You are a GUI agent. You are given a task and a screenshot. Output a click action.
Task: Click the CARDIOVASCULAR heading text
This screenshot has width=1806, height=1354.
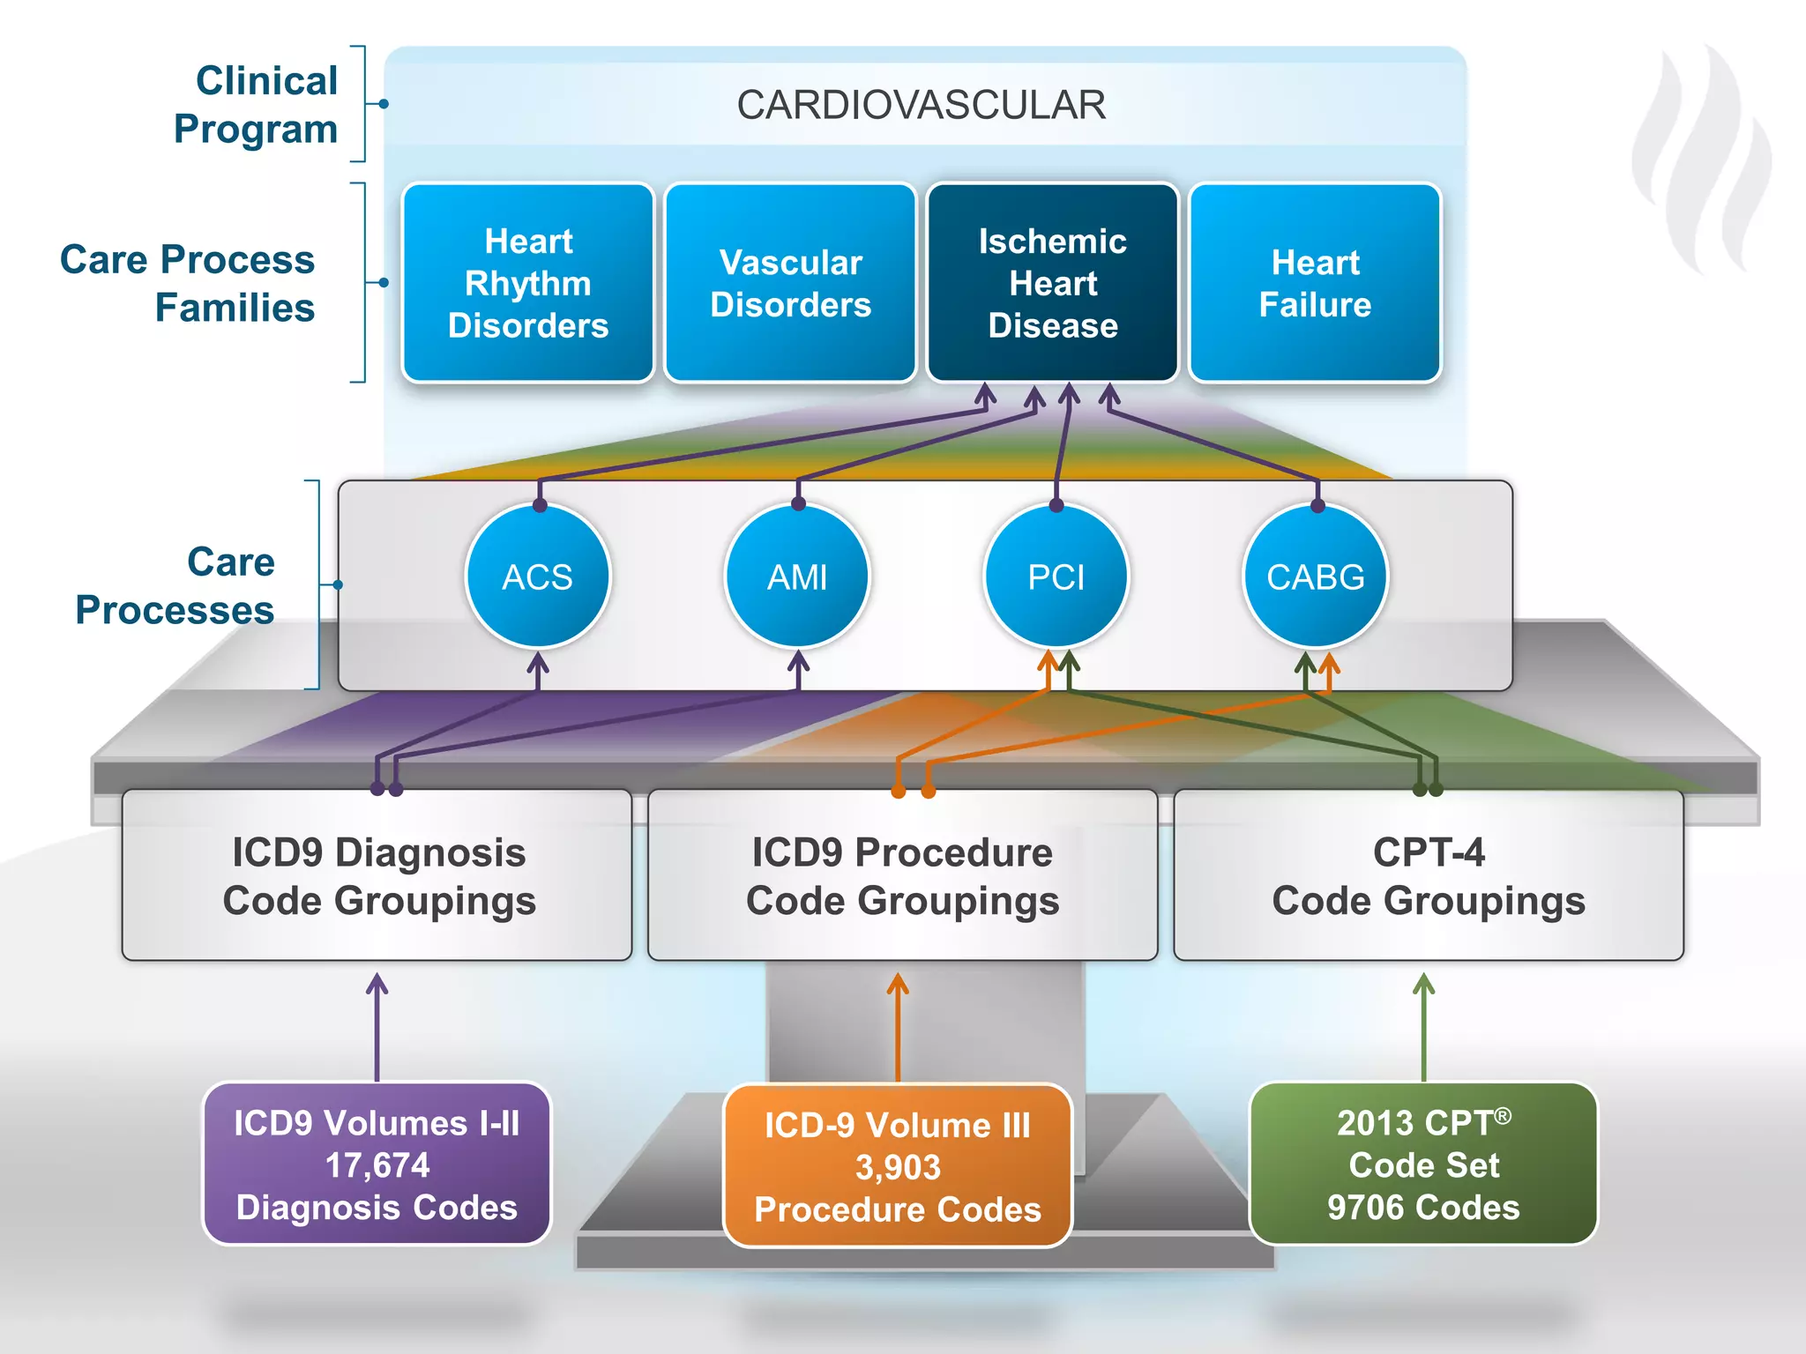(x=921, y=105)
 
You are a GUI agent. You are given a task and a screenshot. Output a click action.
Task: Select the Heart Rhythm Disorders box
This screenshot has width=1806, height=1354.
(x=527, y=283)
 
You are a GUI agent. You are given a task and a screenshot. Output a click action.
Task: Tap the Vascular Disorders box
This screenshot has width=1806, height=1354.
(x=790, y=283)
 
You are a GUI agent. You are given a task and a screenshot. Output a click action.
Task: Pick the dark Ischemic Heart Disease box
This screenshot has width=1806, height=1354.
(x=1052, y=283)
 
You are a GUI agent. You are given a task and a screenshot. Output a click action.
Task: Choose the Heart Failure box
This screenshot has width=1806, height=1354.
(x=1315, y=283)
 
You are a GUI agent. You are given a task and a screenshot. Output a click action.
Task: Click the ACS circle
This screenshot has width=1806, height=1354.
(x=537, y=577)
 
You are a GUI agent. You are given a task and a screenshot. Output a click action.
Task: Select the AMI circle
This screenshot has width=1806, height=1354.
(x=797, y=577)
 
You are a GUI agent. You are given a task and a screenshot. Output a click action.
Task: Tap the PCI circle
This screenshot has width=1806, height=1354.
(x=1056, y=577)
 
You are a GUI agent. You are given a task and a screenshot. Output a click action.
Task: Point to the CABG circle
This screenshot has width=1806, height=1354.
(x=1315, y=577)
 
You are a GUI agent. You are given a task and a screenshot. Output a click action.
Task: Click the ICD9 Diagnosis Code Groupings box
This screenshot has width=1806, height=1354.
(x=378, y=876)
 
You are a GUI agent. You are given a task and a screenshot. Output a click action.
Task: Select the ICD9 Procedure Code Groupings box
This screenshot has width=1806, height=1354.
(x=902, y=876)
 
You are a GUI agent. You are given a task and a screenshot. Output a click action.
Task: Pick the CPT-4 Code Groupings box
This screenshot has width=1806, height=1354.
(x=1428, y=876)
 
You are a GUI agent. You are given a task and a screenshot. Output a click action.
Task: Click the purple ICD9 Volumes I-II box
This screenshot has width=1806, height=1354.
(x=377, y=1164)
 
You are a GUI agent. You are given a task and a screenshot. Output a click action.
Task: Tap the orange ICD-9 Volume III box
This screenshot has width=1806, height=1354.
(x=898, y=1165)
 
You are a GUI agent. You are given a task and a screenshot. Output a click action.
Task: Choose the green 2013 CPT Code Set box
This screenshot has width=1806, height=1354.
(x=1423, y=1164)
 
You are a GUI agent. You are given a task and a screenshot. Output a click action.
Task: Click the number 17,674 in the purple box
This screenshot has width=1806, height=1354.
(x=377, y=1165)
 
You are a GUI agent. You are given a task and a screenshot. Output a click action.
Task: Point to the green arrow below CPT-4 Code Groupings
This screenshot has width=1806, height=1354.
(x=1423, y=1026)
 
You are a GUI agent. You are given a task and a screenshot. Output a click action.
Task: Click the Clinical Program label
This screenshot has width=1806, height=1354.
(x=256, y=104)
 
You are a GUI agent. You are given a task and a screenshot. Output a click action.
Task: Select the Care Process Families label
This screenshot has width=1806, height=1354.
(x=188, y=283)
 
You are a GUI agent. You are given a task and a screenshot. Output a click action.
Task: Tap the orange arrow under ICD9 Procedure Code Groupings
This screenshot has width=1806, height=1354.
(x=898, y=1026)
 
